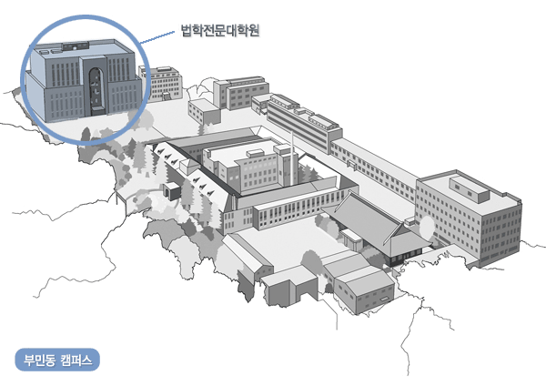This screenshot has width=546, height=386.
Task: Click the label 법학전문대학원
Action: tap(220, 30)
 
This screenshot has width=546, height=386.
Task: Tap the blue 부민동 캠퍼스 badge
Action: tap(57, 360)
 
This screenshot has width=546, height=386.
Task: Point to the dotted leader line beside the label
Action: tap(157, 37)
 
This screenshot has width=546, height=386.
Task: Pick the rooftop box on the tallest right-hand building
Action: tap(470, 188)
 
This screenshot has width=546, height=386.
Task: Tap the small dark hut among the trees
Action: tap(171, 191)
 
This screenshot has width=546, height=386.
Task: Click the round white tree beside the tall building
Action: tap(427, 228)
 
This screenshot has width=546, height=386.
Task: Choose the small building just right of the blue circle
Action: tap(161, 84)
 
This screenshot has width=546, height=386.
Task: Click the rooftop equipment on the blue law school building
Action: tap(76, 46)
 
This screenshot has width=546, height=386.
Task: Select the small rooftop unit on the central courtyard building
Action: tap(256, 154)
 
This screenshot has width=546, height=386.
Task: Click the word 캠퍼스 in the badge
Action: tap(76, 360)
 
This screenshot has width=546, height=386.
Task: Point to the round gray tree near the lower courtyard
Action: tap(311, 262)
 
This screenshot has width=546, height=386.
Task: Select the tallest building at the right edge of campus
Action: tap(469, 218)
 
